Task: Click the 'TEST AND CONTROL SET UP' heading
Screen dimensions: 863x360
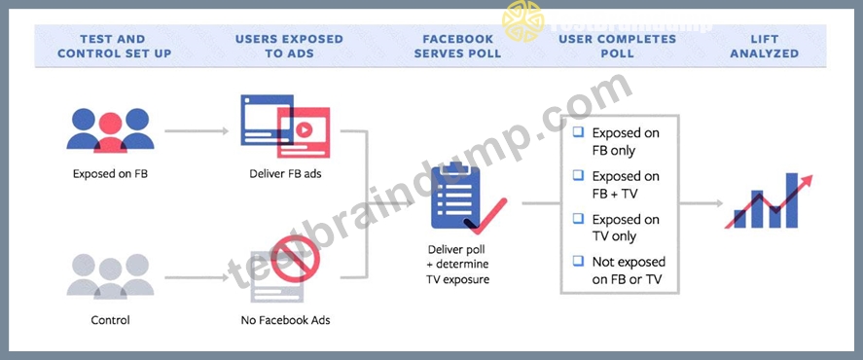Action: (115, 47)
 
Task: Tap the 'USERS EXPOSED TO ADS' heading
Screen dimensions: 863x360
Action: (289, 47)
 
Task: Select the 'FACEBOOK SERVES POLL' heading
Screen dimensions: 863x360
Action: (457, 47)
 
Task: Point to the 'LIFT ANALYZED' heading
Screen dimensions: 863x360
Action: (764, 47)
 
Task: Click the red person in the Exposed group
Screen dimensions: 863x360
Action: (110, 132)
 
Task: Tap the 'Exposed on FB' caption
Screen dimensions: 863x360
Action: (110, 174)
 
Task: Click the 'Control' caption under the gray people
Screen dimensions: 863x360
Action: (110, 320)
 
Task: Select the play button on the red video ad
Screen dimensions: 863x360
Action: (304, 130)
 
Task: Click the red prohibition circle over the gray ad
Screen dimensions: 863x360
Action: (295, 258)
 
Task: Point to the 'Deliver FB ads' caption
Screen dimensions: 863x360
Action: (286, 174)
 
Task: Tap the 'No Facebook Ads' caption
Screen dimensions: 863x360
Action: (286, 320)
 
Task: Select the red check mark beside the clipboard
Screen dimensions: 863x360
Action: (485, 217)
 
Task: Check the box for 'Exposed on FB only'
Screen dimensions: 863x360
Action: (578, 132)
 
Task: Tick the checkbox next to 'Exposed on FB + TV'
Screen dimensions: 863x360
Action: (578, 175)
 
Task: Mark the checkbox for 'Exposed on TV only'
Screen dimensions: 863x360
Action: (578, 218)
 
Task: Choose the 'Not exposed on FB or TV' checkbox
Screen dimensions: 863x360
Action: (578, 261)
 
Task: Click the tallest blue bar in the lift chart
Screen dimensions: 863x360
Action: (791, 200)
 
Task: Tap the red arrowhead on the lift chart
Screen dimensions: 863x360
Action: (807, 181)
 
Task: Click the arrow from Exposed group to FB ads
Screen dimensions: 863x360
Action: (197, 131)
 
